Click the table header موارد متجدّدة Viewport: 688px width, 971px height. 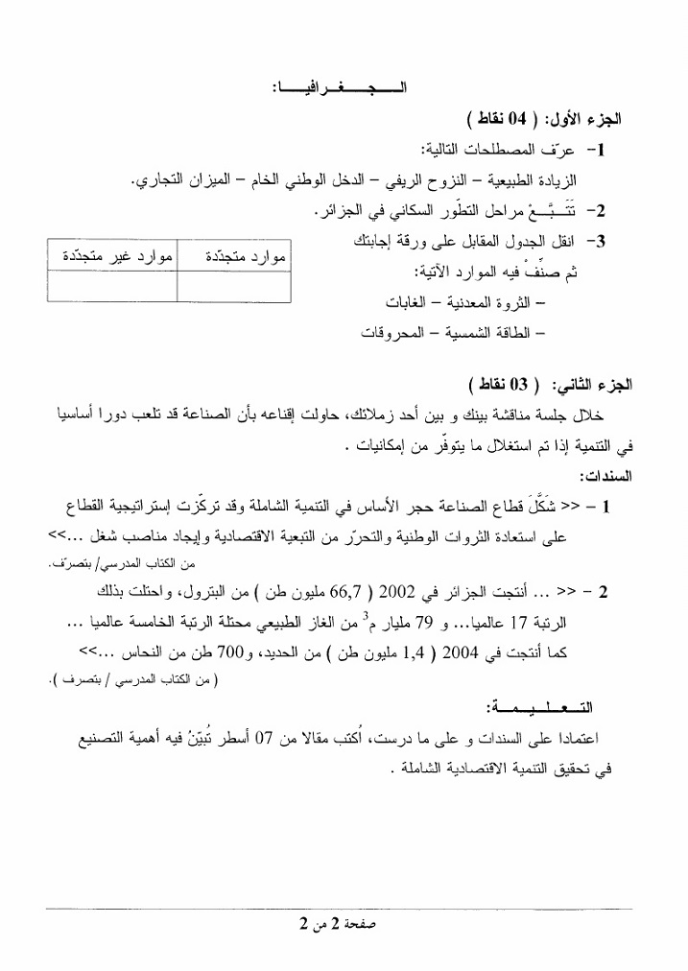point(240,257)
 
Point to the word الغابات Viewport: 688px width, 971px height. point(406,303)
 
